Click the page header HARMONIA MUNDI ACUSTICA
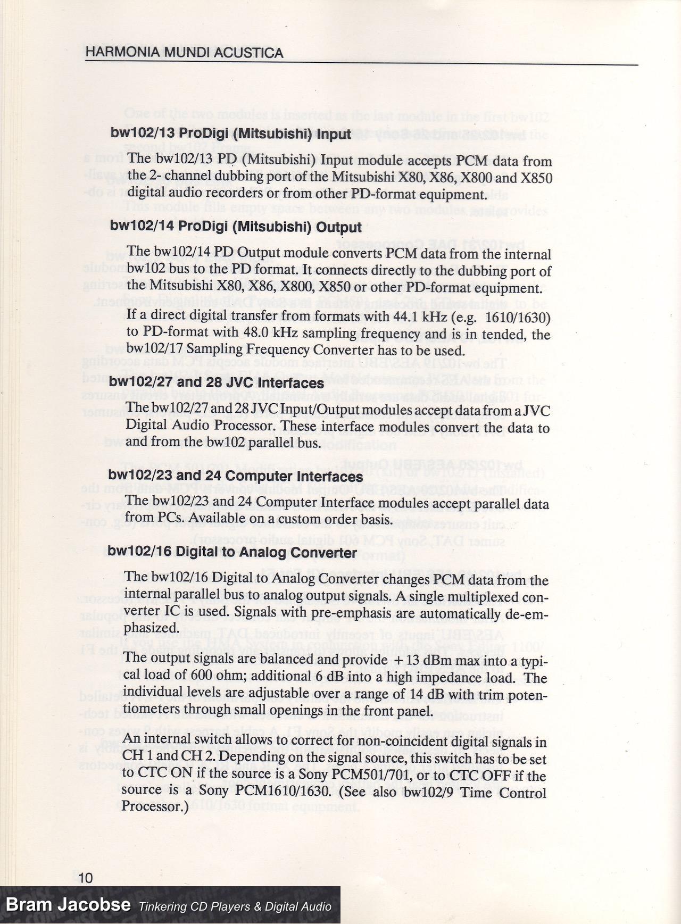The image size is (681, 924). (184, 53)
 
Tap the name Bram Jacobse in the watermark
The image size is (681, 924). (68, 905)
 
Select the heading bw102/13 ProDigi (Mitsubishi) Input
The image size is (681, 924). (231, 134)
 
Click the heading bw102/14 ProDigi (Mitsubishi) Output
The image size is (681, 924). (236, 227)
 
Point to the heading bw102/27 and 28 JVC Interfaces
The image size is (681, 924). (217, 383)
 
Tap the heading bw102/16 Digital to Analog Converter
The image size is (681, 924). (232, 553)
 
